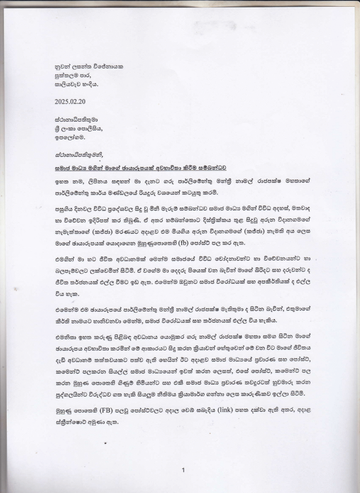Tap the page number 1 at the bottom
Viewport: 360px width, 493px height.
[x=183, y=470]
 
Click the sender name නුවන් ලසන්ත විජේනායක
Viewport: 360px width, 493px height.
[x=89, y=66]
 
